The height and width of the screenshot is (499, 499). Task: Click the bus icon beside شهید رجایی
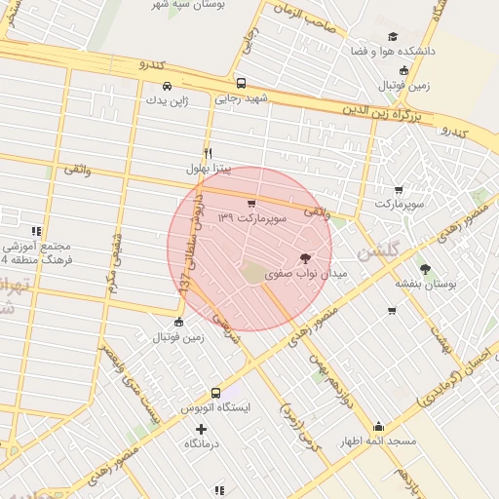[x=241, y=83]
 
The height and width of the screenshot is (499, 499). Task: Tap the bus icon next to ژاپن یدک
[x=168, y=85]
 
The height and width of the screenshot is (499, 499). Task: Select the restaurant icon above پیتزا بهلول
[x=208, y=153]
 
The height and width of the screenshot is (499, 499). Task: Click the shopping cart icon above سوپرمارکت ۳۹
[x=251, y=204]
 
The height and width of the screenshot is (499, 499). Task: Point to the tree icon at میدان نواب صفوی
[x=306, y=258]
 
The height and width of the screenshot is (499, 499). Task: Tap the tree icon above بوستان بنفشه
[x=425, y=268]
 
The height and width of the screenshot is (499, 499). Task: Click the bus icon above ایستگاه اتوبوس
[x=215, y=393]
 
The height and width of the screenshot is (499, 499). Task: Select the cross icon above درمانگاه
[x=201, y=428]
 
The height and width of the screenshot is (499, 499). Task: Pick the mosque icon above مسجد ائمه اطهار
[x=378, y=426]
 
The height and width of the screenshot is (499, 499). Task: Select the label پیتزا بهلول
[x=211, y=169]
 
